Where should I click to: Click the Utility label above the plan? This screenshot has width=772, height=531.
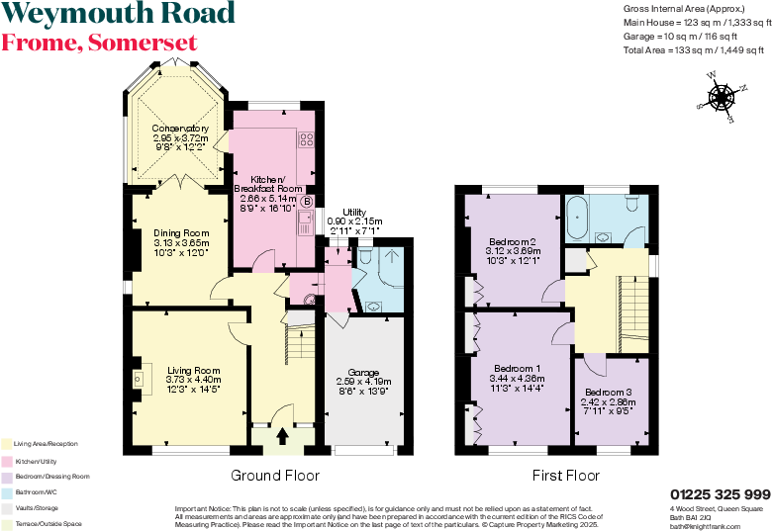pyautogui.click(x=354, y=213)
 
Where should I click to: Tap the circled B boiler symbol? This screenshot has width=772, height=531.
pyautogui.click(x=307, y=202)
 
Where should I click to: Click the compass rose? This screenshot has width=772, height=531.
pyautogui.click(x=720, y=97)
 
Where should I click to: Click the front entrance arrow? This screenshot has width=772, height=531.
pyautogui.click(x=282, y=435)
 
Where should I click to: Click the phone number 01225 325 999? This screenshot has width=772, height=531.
pyautogui.click(x=720, y=494)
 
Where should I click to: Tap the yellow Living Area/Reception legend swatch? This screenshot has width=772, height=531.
pyautogui.click(x=7, y=444)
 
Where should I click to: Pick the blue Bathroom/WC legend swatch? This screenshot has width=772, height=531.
pyautogui.click(x=7, y=491)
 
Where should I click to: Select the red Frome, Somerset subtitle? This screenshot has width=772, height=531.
pyautogui.click(x=99, y=43)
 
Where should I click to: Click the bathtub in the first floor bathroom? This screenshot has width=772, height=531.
pyautogui.click(x=578, y=215)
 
